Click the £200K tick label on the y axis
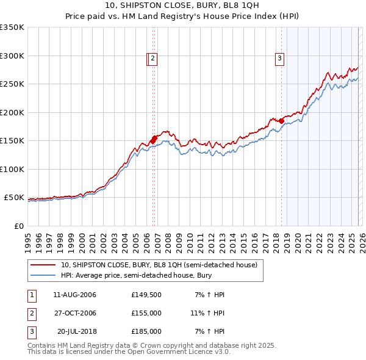click(x=12, y=112)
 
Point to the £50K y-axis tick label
click(x=14, y=198)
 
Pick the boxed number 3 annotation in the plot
click(x=279, y=59)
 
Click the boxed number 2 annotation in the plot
click(x=152, y=59)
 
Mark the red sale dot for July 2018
click(x=281, y=121)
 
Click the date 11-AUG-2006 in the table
click(x=75, y=295)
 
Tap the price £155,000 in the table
click(x=146, y=313)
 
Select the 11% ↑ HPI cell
click(x=207, y=313)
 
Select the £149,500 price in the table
click(x=146, y=295)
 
